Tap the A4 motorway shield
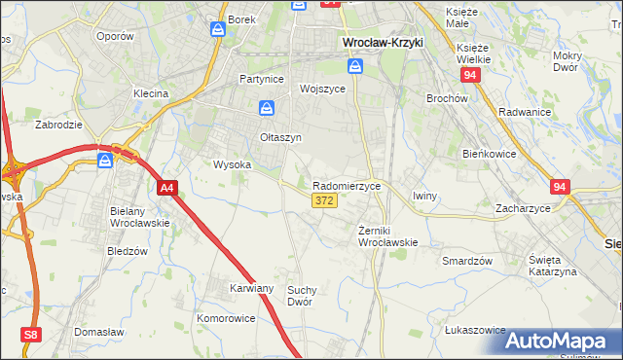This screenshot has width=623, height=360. tap(167, 188)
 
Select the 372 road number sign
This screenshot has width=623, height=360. tap(325, 200)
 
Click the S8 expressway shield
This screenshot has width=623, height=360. tap(32, 335)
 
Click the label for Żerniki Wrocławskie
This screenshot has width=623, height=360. tap(387, 235)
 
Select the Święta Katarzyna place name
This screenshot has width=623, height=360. tap(552, 266)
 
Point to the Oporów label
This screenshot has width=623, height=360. tap(115, 36)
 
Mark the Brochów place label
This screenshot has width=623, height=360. tap(448, 98)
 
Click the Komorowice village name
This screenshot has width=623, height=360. tap(226, 318)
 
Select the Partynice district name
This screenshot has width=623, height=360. tap(264, 79)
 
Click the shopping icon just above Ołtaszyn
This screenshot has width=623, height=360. tap(266, 109)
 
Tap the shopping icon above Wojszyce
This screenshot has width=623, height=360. tap(356, 66)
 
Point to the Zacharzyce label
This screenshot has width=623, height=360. tap(522, 208)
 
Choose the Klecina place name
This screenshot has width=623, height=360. tap(151, 93)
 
